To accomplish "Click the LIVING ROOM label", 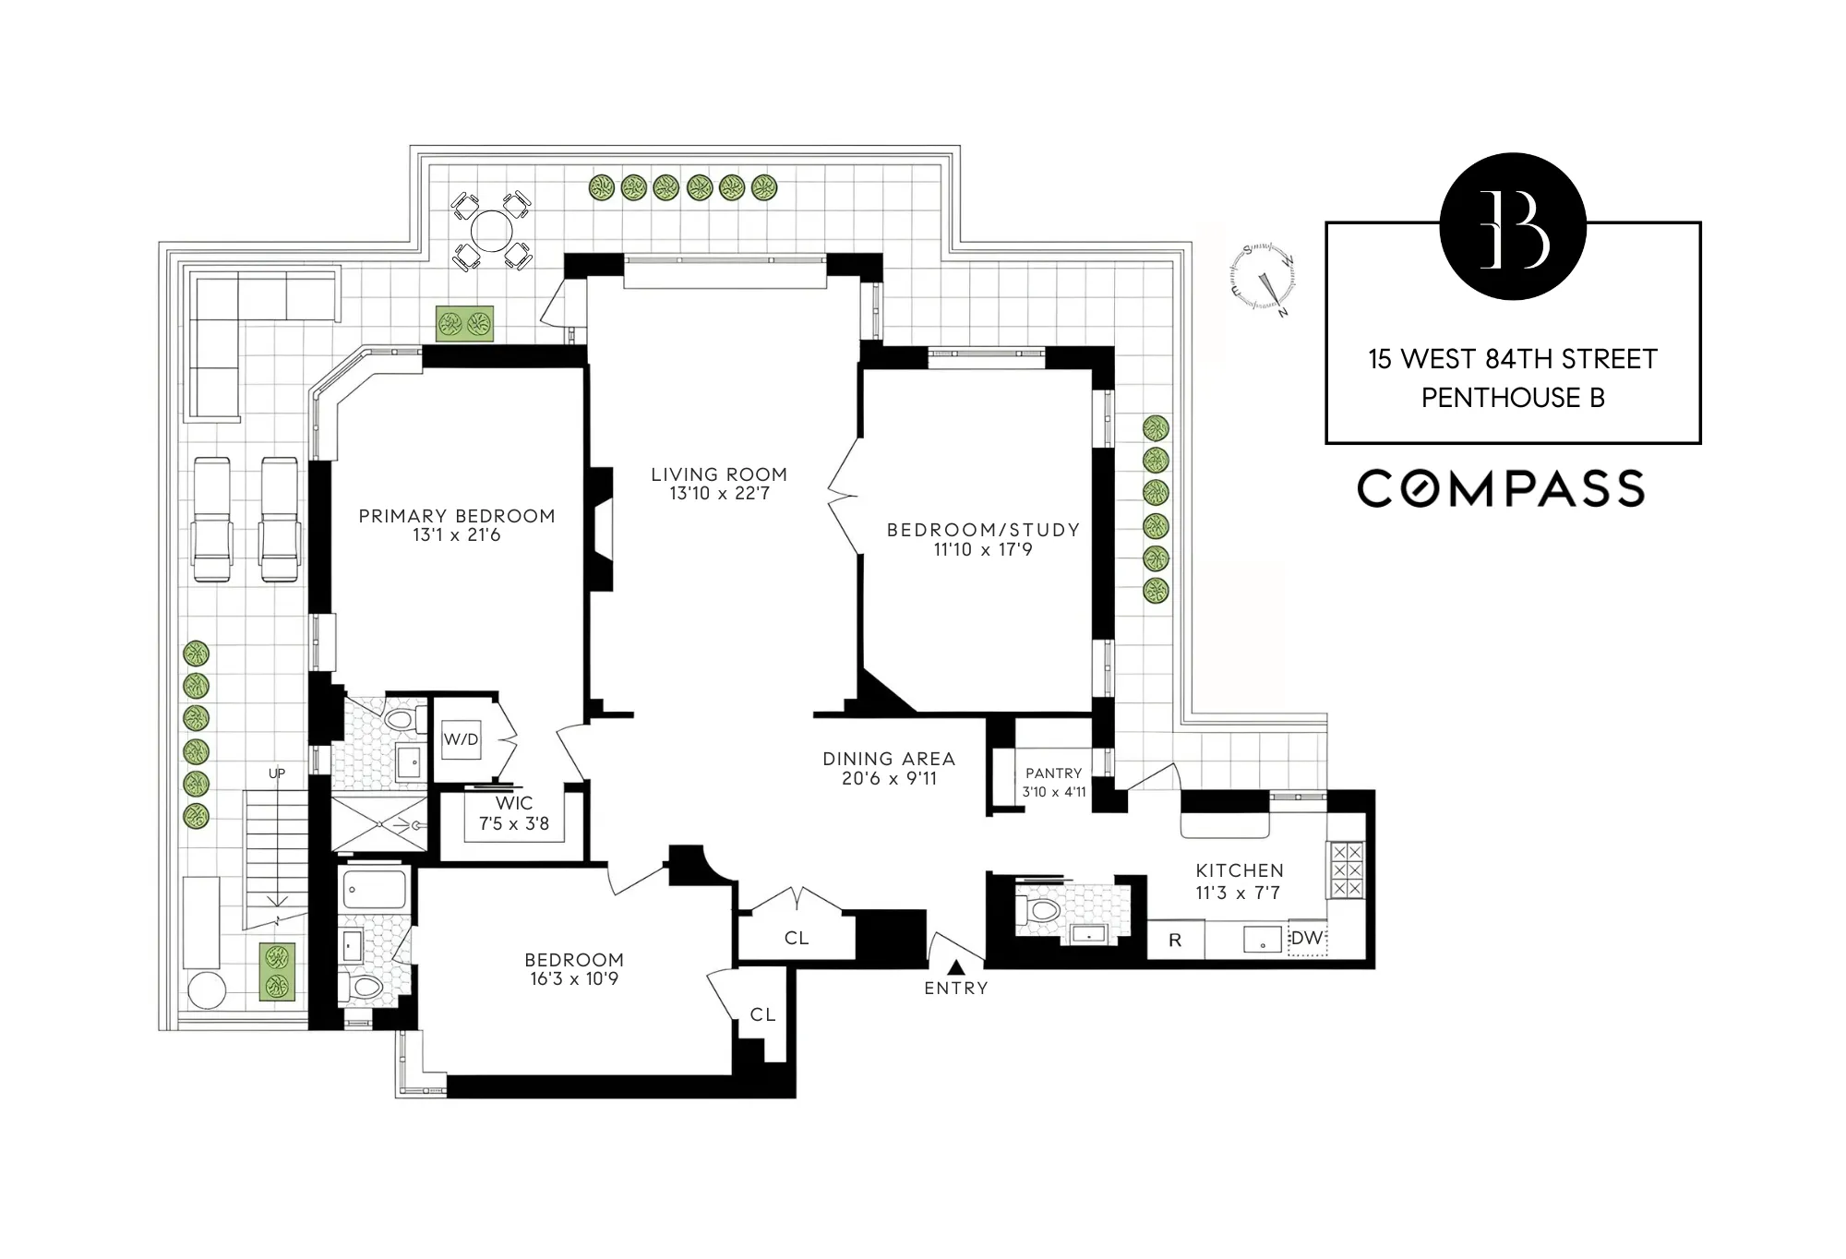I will (718, 474).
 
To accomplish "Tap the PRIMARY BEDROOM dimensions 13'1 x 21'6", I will (456, 535).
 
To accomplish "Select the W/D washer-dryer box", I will (461, 739).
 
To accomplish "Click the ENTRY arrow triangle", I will (956, 967).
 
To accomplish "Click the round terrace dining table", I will (491, 231).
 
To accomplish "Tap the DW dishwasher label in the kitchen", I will (1306, 939).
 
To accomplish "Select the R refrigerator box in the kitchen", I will (1175, 941).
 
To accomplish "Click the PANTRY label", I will (1053, 773).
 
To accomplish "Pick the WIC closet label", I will (513, 804).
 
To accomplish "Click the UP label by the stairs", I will (277, 773).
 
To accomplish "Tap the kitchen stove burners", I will (1345, 869).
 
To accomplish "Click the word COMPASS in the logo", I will (1501, 488).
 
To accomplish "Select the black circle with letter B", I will (1513, 226).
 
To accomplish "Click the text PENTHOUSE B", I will (1513, 398).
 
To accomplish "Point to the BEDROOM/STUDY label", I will (983, 530).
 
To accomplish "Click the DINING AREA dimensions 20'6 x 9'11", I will (889, 779).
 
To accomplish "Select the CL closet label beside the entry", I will (797, 939).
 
